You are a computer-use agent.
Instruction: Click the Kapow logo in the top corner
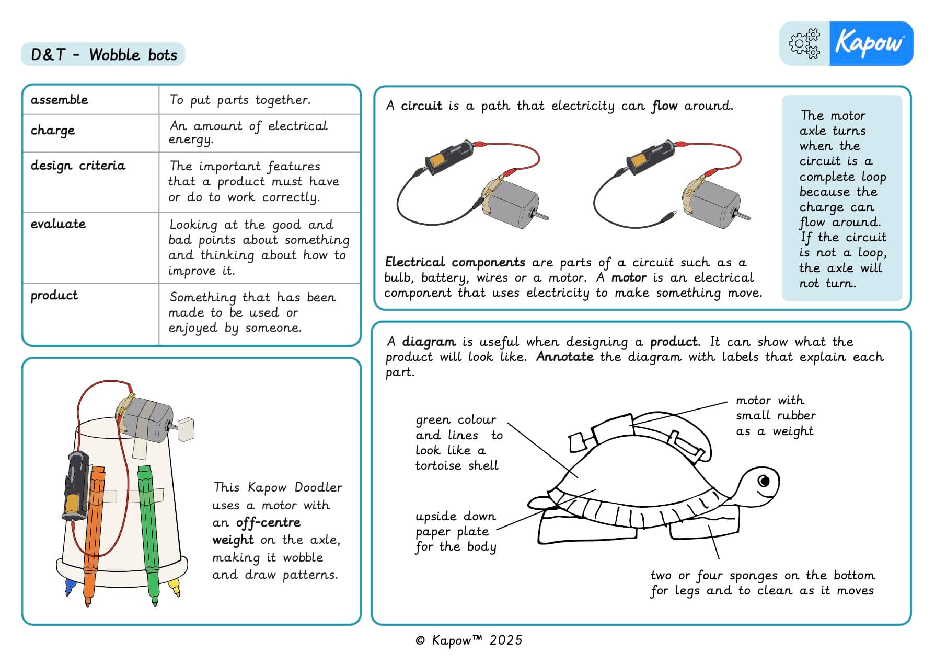(870, 43)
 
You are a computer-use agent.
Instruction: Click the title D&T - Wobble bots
(103, 54)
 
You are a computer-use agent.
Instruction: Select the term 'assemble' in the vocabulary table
(59, 100)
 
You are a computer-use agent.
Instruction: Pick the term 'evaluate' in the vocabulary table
(58, 224)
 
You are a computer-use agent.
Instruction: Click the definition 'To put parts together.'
(240, 100)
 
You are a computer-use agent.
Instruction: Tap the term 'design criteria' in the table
(78, 166)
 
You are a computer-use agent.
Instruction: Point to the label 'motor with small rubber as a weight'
(775, 416)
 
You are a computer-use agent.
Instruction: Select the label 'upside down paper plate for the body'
(455, 531)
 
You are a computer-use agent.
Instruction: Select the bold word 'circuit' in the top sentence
(421, 106)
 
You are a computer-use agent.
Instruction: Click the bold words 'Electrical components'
(455, 262)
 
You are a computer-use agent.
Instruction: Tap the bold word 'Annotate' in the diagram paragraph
(564, 357)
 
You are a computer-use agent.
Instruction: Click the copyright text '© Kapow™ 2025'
(469, 640)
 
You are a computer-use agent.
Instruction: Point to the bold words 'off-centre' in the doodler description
(268, 523)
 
